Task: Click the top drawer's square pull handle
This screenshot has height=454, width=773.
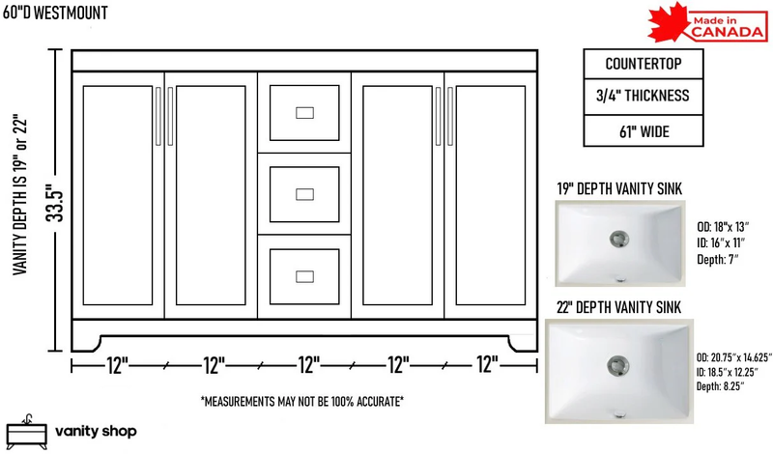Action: [x=304, y=113]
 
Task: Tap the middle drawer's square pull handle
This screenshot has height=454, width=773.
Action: [x=304, y=195]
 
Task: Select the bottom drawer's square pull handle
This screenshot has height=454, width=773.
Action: [x=304, y=276]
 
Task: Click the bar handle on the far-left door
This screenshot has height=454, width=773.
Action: [x=158, y=116]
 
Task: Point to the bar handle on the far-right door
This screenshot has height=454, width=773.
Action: [x=450, y=116]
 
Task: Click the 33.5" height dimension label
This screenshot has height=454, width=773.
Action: [x=56, y=203]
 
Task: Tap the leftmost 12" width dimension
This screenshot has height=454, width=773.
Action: [x=117, y=366]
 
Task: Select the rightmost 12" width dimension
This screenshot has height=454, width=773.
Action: [x=487, y=365]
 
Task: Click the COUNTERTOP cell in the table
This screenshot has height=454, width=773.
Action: [x=644, y=64]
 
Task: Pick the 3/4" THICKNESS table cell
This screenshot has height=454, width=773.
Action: [x=644, y=97]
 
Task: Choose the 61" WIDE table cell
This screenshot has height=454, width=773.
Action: [x=644, y=131]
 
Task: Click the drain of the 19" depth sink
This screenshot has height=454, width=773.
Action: [x=618, y=240]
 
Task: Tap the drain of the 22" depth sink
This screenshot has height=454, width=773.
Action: [x=617, y=366]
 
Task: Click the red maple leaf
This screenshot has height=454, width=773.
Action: [x=669, y=22]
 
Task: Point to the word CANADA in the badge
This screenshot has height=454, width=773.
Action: [x=728, y=32]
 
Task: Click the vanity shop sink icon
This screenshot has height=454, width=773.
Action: [x=27, y=432]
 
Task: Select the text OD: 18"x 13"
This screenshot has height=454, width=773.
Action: [x=723, y=227]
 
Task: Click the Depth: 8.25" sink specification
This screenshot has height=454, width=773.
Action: [x=720, y=386]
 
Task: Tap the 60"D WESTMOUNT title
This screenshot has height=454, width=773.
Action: [x=55, y=13]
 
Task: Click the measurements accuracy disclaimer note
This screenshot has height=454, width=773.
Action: [x=302, y=401]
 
